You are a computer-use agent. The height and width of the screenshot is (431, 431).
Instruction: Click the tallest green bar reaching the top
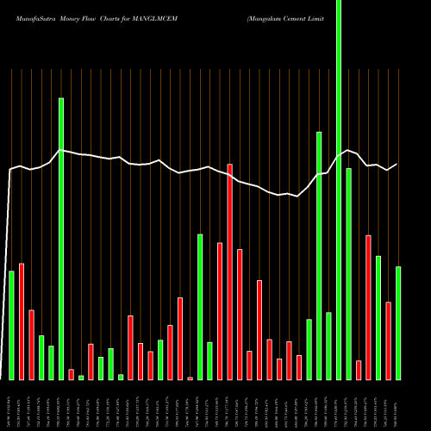click(x=339, y=190)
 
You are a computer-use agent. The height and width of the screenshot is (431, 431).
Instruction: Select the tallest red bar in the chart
click(x=230, y=272)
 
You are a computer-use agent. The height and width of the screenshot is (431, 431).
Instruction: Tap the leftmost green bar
click(x=11, y=325)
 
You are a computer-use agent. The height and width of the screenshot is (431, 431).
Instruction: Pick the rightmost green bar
click(x=398, y=323)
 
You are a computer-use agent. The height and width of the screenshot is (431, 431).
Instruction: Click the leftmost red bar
click(x=22, y=322)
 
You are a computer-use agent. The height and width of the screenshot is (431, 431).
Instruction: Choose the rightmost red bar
click(x=388, y=340)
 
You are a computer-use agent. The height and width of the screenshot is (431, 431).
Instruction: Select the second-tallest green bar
click(x=61, y=239)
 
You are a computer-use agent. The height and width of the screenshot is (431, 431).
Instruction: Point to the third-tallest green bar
click(x=319, y=256)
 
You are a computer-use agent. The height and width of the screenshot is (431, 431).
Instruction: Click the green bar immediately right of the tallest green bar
click(x=349, y=274)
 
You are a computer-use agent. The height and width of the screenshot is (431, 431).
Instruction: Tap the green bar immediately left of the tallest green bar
click(x=329, y=346)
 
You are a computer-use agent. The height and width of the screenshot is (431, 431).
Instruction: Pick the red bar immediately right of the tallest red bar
click(x=240, y=315)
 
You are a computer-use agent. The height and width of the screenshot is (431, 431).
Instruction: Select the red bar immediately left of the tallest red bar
click(x=220, y=311)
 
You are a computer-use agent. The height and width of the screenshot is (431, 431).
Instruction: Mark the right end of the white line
click(x=397, y=164)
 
